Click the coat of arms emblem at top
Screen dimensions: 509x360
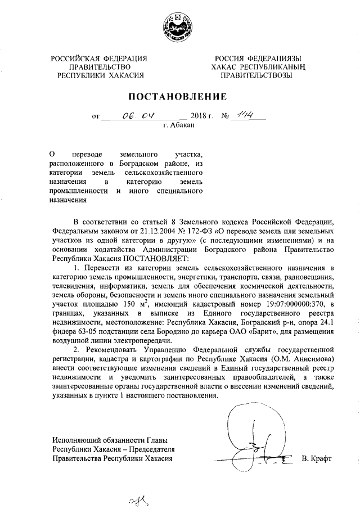179,26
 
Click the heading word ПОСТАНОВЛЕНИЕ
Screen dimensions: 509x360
179,97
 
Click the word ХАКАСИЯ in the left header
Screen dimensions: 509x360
124,75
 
